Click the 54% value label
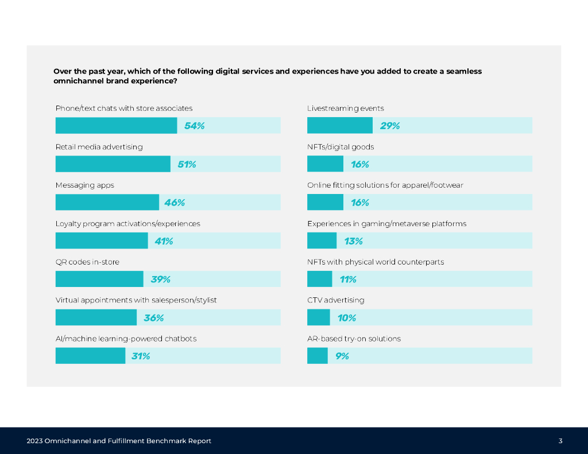(x=194, y=126)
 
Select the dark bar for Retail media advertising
(x=113, y=164)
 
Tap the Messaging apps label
(x=84, y=185)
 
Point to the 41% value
(x=164, y=241)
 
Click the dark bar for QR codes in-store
(x=99, y=279)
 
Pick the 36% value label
(x=153, y=318)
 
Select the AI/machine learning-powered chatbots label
(x=126, y=339)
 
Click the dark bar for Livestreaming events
(x=340, y=126)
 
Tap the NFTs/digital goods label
(x=341, y=147)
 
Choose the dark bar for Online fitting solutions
(x=325, y=202)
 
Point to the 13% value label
(x=353, y=241)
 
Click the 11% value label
(x=347, y=280)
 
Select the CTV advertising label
(x=335, y=300)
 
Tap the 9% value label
(x=342, y=356)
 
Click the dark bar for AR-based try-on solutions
(x=318, y=356)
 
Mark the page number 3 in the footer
(x=560, y=441)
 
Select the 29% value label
(x=389, y=126)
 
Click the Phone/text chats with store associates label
(x=123, y=108)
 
